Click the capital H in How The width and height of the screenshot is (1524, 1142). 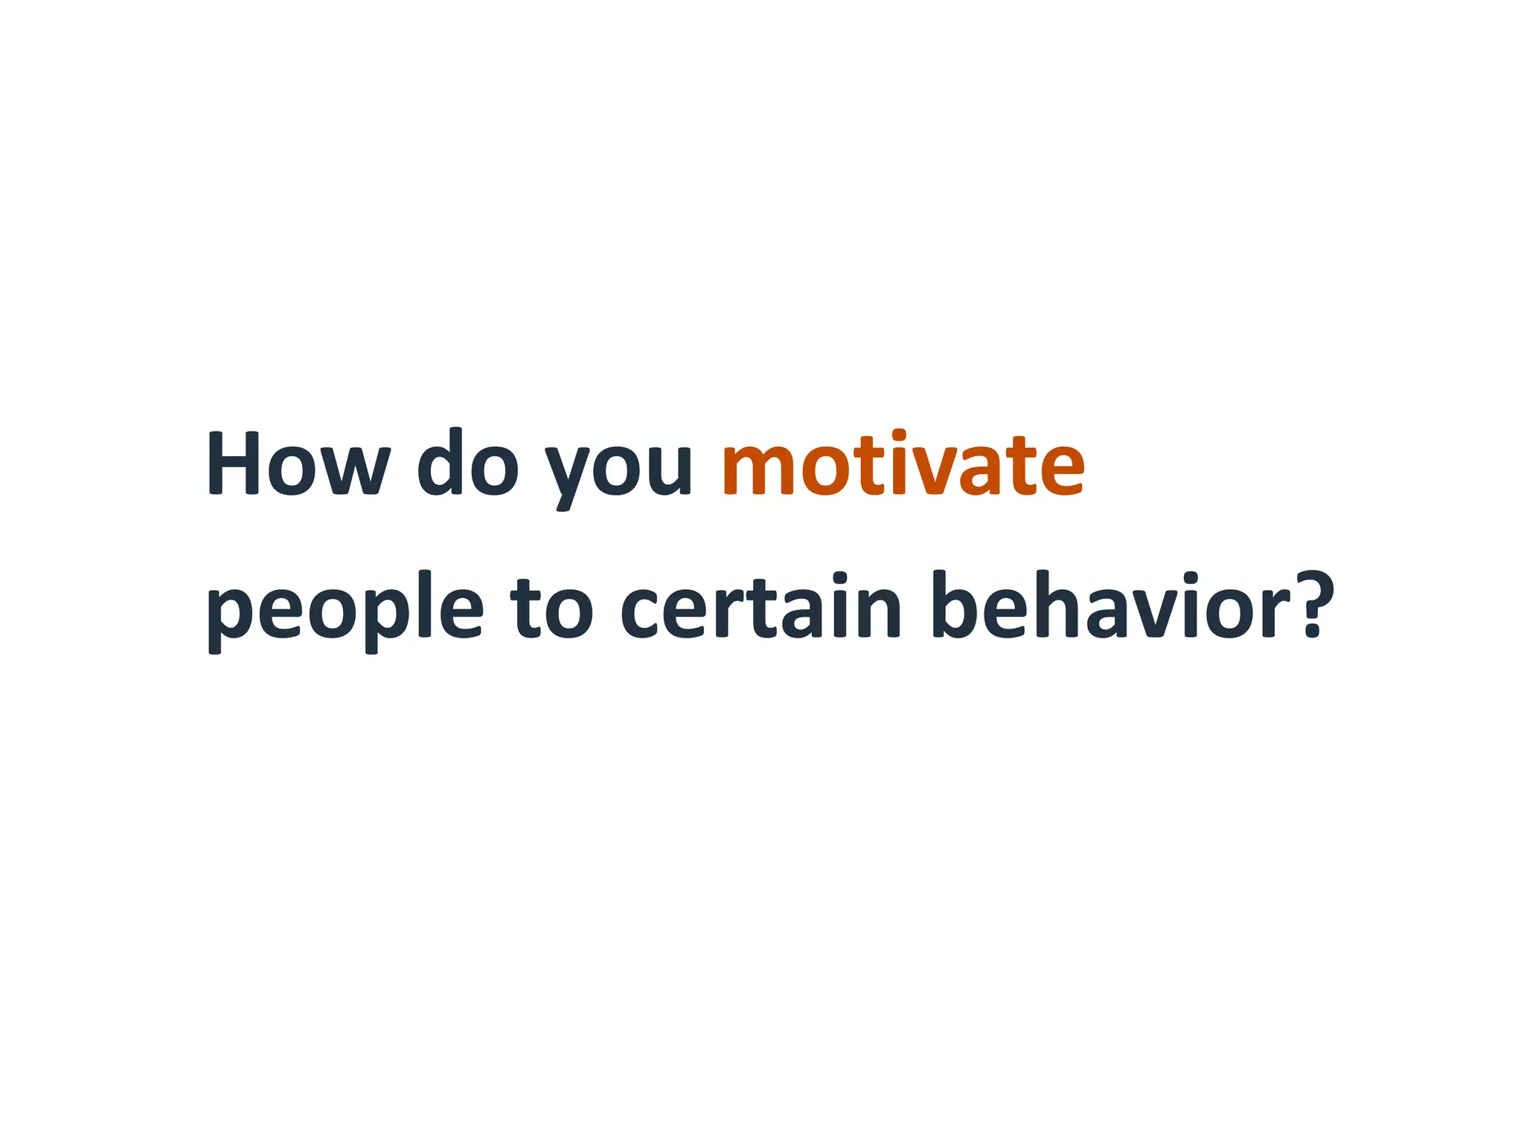tap(232, 463)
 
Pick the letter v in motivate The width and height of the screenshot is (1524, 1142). tap(929, 471)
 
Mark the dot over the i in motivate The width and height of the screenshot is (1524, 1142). tap(898, 434)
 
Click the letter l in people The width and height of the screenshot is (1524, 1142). tap(425, 605)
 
